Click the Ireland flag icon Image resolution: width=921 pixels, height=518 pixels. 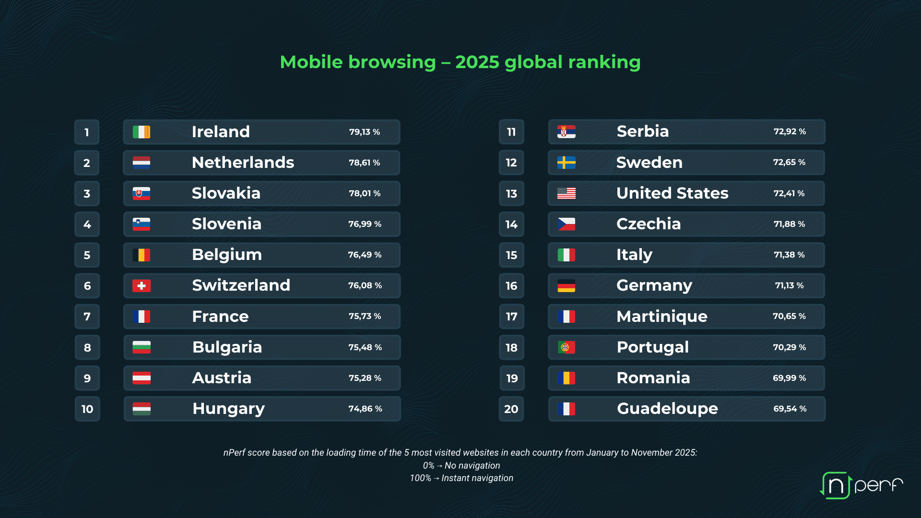tap(142, 132)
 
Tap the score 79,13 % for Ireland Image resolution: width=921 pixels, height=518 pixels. tap(365, 132)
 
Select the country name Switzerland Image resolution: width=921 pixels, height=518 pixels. tap(241, 285)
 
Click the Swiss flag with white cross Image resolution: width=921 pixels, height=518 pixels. tap(142, 286)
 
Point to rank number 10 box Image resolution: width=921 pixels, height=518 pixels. tap(87, 409)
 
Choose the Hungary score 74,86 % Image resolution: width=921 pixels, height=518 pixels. tap(365, 409)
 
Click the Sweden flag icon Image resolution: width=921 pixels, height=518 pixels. tap(566, 163)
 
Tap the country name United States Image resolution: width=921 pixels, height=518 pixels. tap(672, 193)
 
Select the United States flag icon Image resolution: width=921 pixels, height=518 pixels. tap(566, 193)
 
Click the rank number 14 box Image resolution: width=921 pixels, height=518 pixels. tap(511, 224)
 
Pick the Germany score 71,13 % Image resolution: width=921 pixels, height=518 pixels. tap(789, 285)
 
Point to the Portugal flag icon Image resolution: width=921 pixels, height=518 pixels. tap(566, 347)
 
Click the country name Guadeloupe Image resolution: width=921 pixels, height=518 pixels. tap(667, 409)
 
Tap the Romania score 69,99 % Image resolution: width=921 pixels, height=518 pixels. tap(789, 378)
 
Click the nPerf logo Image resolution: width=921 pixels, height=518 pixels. tap(861, 485)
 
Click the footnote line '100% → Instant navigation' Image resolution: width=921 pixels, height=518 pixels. tap(461, 478)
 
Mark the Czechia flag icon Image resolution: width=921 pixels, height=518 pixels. tap(566, 224)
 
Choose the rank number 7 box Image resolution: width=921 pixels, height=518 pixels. tap(87, 317)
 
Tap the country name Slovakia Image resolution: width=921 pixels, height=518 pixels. tap(226, 193)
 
